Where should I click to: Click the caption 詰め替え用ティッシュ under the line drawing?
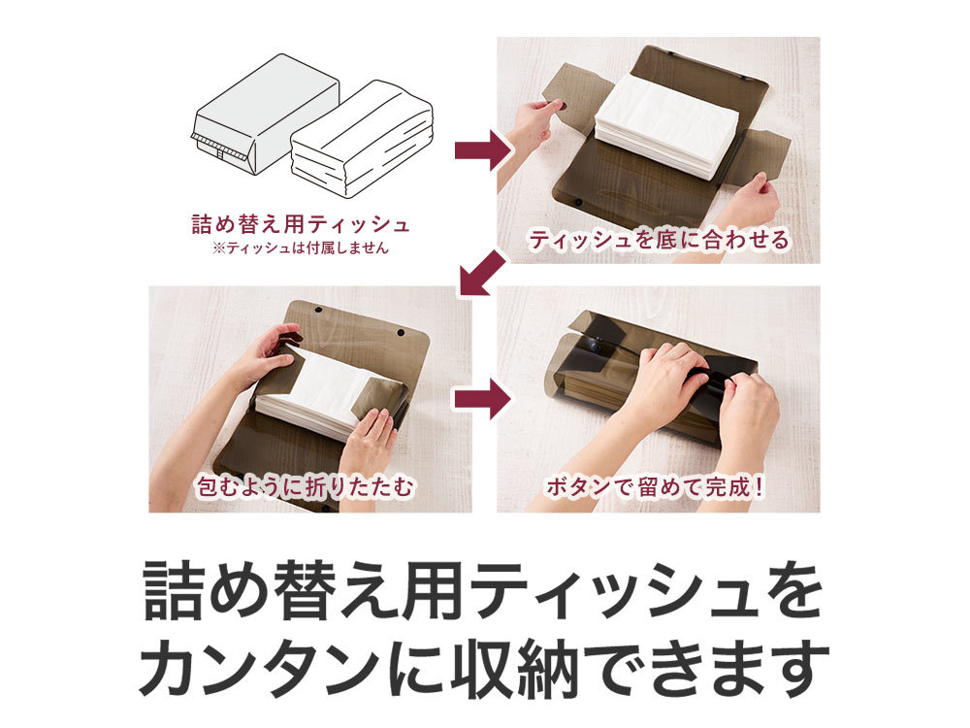[301, 223]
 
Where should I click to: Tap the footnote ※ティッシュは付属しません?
[301, 248]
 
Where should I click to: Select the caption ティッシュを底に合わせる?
[660, 240]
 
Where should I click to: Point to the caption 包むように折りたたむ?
[305, 487]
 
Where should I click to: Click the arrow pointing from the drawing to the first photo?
[482, 149]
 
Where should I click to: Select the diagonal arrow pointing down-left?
[481, 273]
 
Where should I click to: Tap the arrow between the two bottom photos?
[482, 400]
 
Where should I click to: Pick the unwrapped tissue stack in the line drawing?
[362, 139]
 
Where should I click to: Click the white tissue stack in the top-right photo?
[667, 125]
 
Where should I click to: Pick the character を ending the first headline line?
[793, 589]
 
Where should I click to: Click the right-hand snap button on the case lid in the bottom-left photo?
[401, 333]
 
